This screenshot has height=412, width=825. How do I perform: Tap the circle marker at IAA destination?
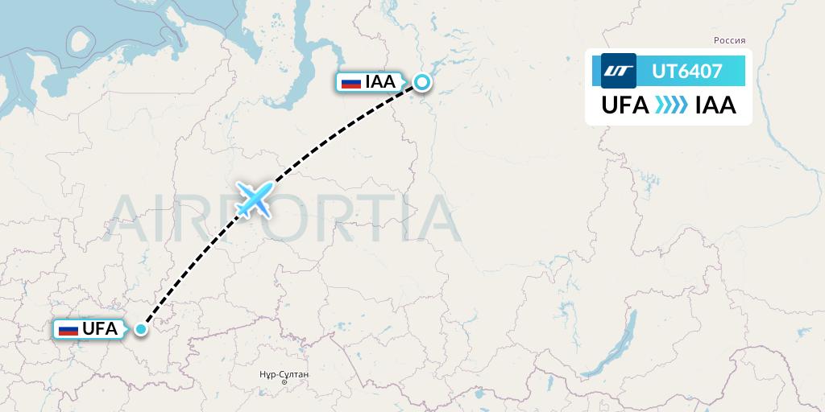pyautogui.click(x=422, y=81)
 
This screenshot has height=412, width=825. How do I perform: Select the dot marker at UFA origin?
pyautogui.click(x=142, y=328)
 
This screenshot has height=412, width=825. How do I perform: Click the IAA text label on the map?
pyautogui.click(x=380, y=81)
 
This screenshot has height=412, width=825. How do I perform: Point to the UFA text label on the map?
pyautogui.click(x=100, y=328)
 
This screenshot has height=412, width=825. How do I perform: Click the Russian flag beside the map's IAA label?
pyautogui.click(x=351, y=82)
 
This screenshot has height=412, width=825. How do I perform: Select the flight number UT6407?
pyautogui.click(x=687, y=72)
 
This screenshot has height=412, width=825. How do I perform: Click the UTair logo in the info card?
pyautogui.click(x=619, y=71)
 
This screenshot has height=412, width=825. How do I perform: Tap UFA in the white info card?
pyautogui.click(x=625, y=105)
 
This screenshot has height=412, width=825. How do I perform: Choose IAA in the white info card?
pyautogui.click(x=715, y=105)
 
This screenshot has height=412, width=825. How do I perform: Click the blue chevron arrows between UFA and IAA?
pyautogui.click(x=671, y=105)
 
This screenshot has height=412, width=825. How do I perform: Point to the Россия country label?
pyautogui.click(x=730, y=40)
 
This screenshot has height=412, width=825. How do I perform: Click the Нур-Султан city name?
pyautogui.click(x=284, y=375)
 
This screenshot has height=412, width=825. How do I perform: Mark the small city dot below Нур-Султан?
pyautogui.click(x=284, y=382)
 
